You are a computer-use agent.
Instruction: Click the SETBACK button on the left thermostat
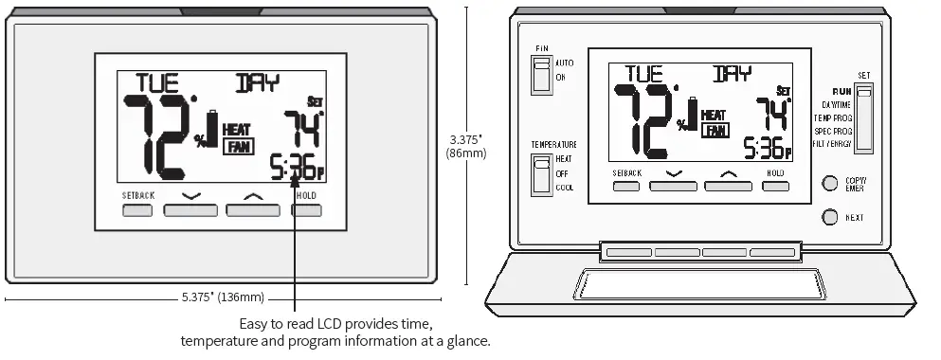[x=137, y=209]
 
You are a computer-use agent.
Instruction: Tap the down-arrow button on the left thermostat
[x=190, y=209]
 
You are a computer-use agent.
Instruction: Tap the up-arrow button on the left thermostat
[x=252, y=209]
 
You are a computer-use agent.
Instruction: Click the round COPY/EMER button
[x=830, y=183]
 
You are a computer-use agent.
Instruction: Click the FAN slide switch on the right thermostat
[x=541, y=75]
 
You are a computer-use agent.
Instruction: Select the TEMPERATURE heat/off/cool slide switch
[x=541, y=175]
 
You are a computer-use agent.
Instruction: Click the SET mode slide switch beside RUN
[x=863, y=117]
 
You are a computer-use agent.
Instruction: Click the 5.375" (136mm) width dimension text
[x=223, y=297]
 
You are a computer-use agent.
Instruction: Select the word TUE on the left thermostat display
[x=157, y=82]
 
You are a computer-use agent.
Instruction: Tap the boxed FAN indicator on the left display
[x=237, y=145]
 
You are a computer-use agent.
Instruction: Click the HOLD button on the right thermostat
[x=775, y=186]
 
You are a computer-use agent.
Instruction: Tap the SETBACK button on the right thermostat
[x=627, y=186]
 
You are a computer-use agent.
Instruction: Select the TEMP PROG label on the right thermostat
[x=833, y=117]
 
